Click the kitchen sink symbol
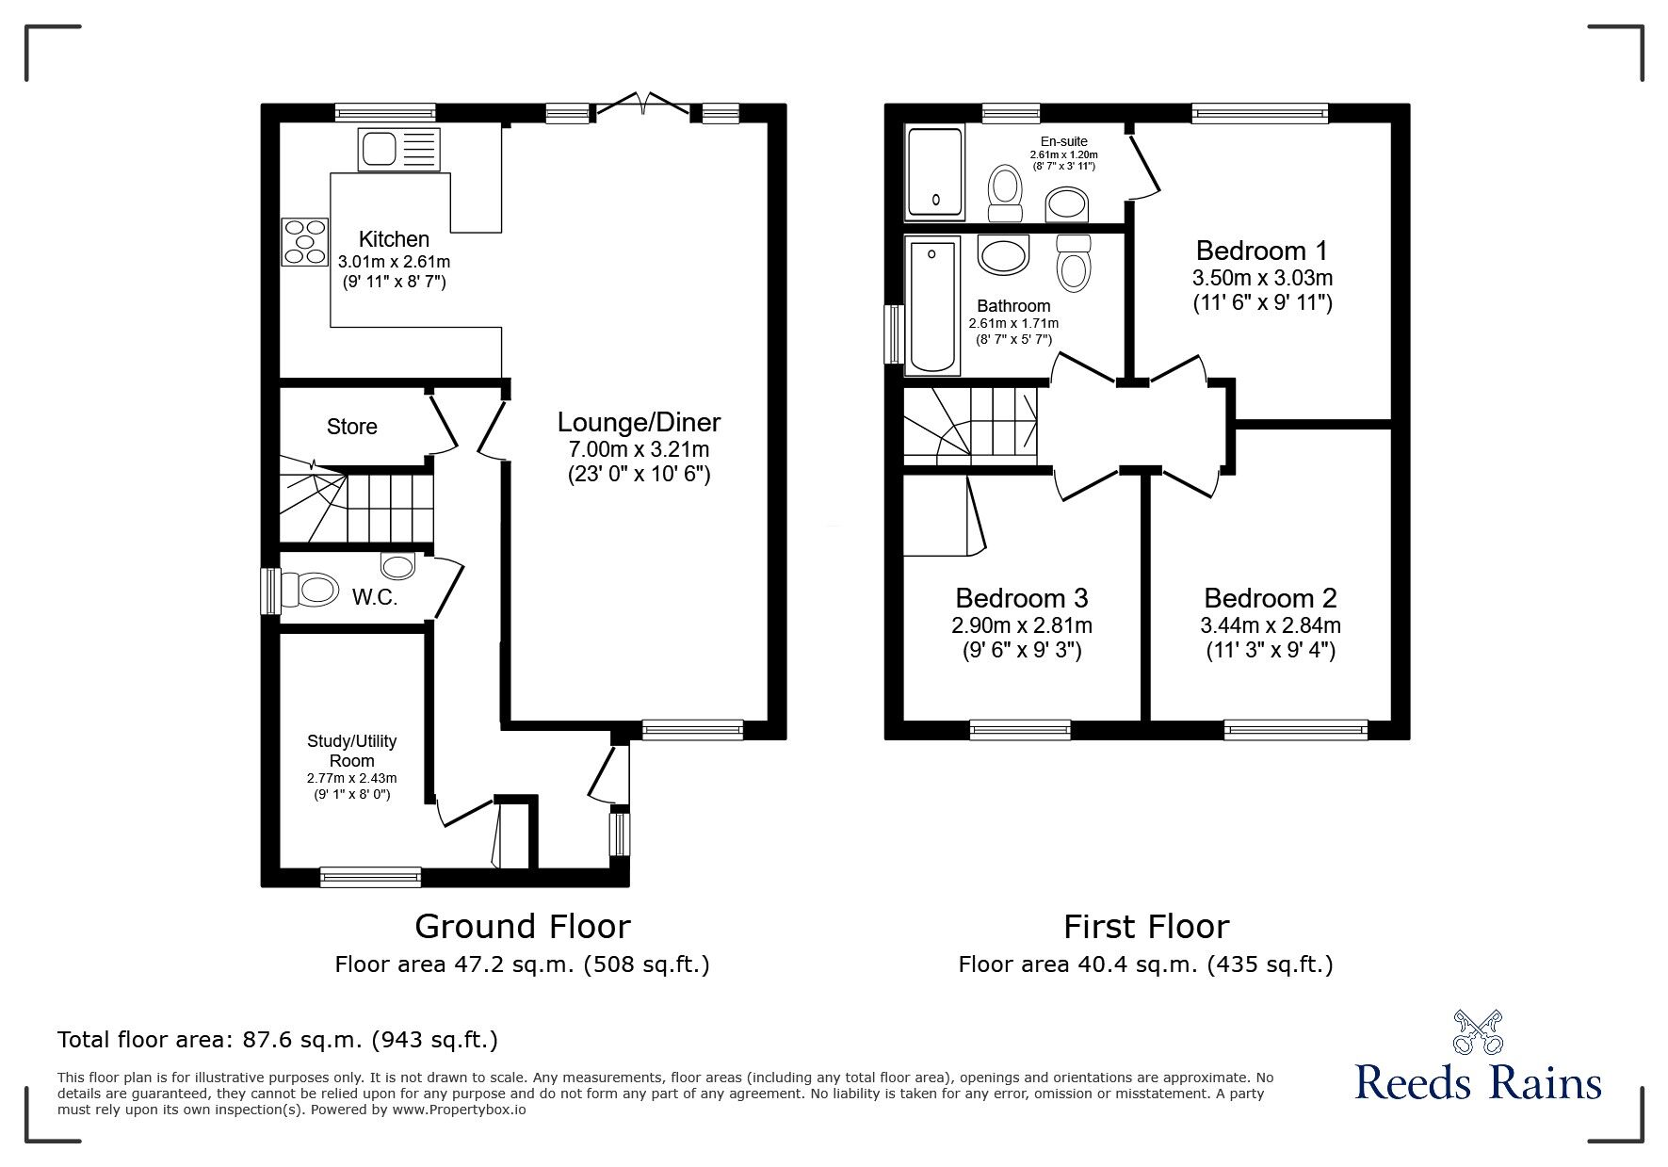398,150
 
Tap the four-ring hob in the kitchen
304,240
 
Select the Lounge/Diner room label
639,422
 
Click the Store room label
351,427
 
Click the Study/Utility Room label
351,751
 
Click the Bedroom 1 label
1261,251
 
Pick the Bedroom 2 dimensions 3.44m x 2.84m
1270,625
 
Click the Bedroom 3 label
1021,598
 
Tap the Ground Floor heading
522,927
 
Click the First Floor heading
1145,927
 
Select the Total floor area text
278,1040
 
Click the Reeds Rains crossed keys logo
1477,1032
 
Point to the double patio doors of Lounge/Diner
643,105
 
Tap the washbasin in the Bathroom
1004,252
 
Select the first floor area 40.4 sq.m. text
1145,964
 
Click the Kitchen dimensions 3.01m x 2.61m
393,261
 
